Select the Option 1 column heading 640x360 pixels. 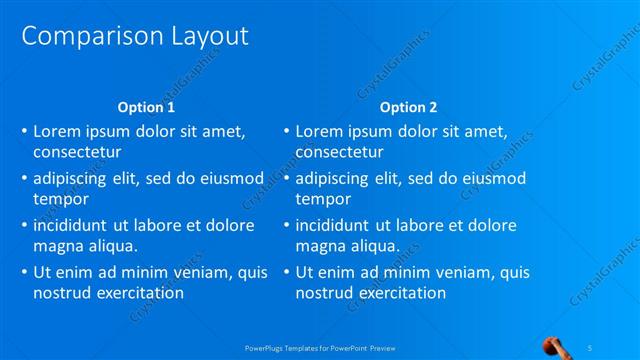(x=146, y=107)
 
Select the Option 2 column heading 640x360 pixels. (x=409, y=107)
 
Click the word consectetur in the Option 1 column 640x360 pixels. (x=77, y=153)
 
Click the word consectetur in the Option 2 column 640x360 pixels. (x=339, y=153)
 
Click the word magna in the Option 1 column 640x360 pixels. (x=58, y=246)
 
